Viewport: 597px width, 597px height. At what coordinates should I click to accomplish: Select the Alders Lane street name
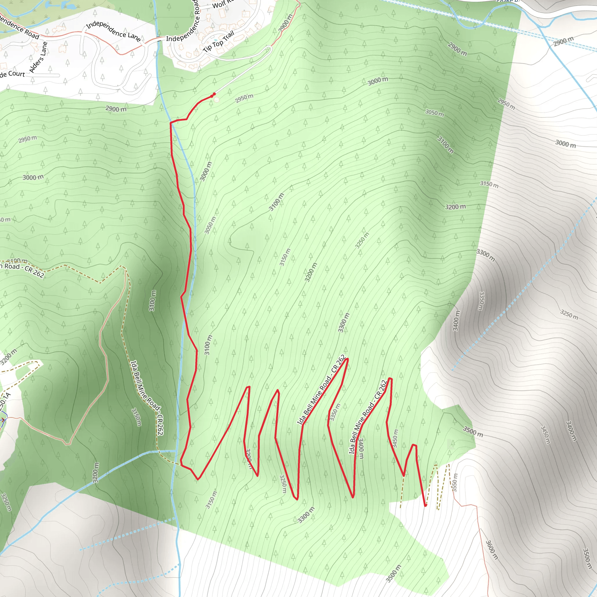pyautogui.click(x=39, y=57)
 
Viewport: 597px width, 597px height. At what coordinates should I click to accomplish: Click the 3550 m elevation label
pyautogui.click(x=454, y=482)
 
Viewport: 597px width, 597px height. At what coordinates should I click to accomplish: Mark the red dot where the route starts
pyautogui.click(x=214, y=94)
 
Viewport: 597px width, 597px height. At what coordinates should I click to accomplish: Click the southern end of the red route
pyautogui.click(x=426, y=506)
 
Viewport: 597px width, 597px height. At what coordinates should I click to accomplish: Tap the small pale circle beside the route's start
pyautogui.click(x=216, y=99)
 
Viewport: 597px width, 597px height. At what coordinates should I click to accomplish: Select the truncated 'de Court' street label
pyautogui.click(x=12, y=74)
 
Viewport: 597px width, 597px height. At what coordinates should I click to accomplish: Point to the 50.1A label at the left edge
pyautogui.click(x=5, y=402)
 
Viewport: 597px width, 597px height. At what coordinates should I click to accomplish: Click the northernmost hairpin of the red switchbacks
pyautogui.click(x=348, y=359)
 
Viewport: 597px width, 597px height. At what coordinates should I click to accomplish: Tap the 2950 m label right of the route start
pyautogui.click(x=244, y=98)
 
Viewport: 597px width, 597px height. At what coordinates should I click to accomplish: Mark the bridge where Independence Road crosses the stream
pyautogui.click(x=159, y=39)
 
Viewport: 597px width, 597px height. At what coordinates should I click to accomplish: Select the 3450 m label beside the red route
pyautogui.click(x=395, y=438)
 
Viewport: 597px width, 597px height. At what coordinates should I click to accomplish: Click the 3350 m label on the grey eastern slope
pyautogui.click(x=481, y=301)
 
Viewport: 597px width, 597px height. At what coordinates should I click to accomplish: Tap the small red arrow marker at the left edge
pyautogui.click(x=3, y=420)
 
